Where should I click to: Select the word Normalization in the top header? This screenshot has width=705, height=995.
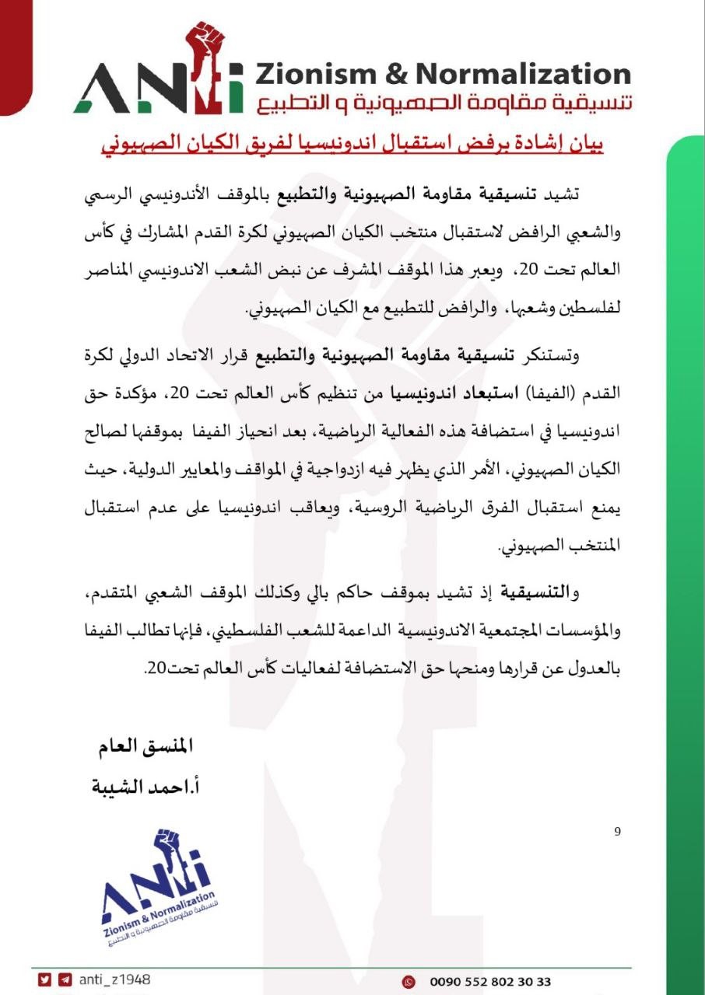pyautogui.click(x=523, y=75)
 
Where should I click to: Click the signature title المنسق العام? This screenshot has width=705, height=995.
pyautogui.click(x=143, y=748)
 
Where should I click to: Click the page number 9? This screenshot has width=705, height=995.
pyautogui.click(x=617, y=832)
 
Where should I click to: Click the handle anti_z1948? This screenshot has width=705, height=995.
pyautogui.click(x=114, y=981)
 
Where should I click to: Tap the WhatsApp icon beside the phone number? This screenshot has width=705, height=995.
pyautogui.click(x=408, y=982)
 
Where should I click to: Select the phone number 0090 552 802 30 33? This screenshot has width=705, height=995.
pyautogui.click(x=489, y=982)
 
